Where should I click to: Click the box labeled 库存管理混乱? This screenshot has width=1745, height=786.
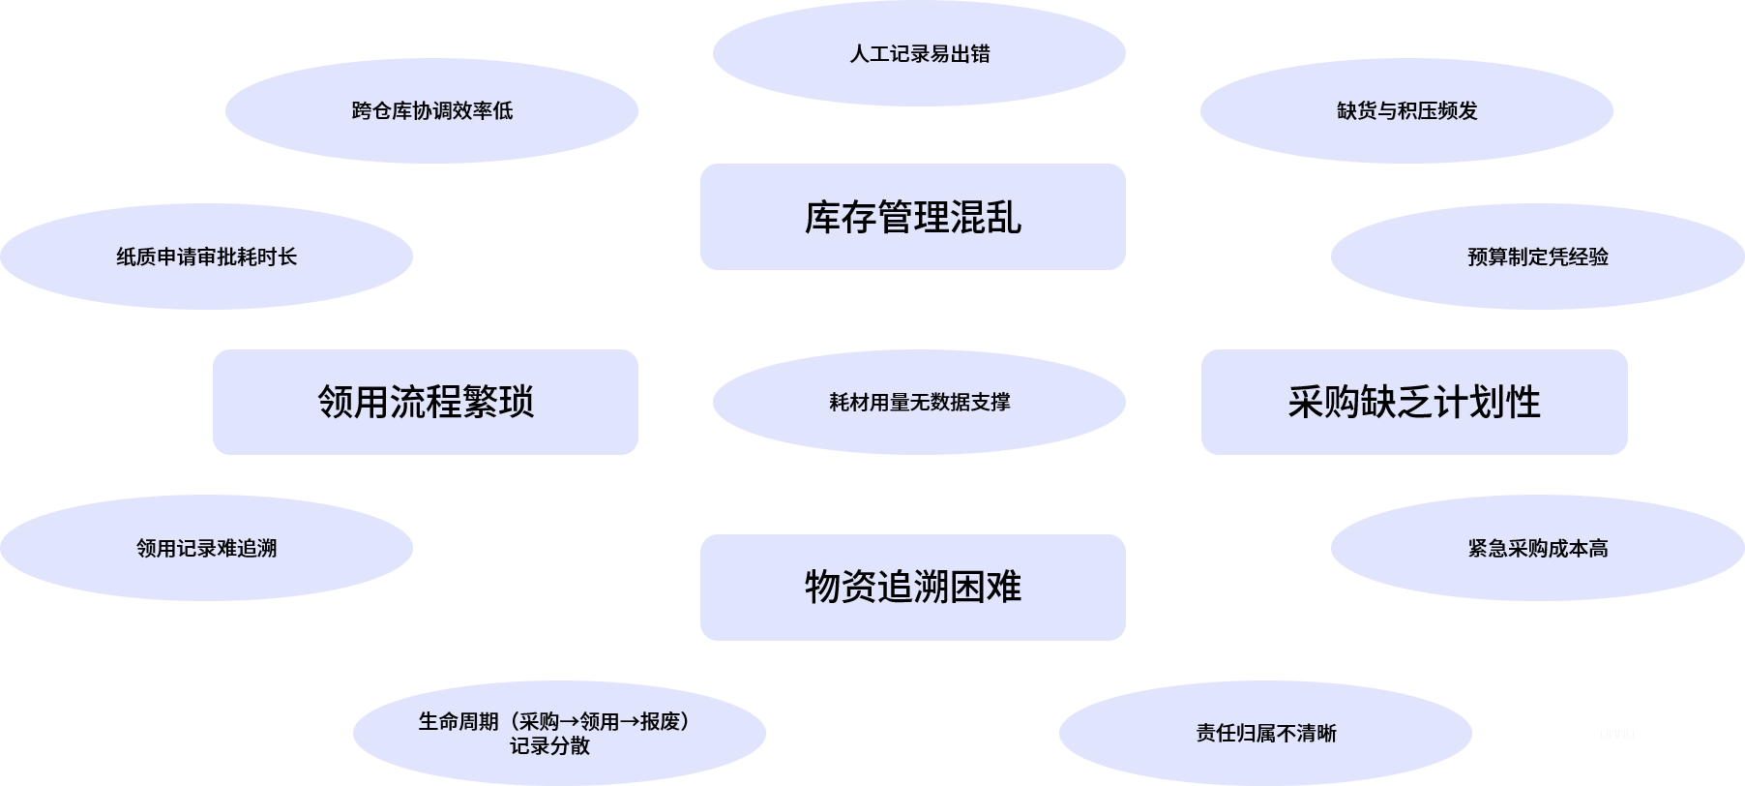[x=912, y=217]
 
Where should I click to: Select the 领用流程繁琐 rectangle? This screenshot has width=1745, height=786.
[x=425, y=402]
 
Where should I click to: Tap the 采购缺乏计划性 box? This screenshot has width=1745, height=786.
[x=1413, y=402]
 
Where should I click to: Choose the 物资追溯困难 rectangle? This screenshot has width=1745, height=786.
[x=912, y=587]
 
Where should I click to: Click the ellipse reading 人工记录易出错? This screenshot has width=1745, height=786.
[x=919, y=54]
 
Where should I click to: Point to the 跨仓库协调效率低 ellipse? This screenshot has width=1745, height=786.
[x=431, y=111]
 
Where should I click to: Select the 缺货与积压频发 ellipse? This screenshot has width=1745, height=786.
[x=1406, y=111]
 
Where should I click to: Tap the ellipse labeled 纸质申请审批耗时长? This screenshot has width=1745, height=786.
[x=206, y=257]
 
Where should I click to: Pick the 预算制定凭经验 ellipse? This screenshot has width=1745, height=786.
[x=1537, y=257]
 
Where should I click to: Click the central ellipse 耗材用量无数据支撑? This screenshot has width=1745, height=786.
[x=919, y=402]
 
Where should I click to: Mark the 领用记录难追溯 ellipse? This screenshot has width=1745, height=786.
[x=206, y=548]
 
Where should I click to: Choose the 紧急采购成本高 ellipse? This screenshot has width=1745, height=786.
[x=1537, y=548]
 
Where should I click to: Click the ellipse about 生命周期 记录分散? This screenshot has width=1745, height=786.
[x=559, y=733]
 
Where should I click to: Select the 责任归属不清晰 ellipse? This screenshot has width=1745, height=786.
[x=1265, y=733]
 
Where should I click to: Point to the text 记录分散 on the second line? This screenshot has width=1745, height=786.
[x=549, y=745]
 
